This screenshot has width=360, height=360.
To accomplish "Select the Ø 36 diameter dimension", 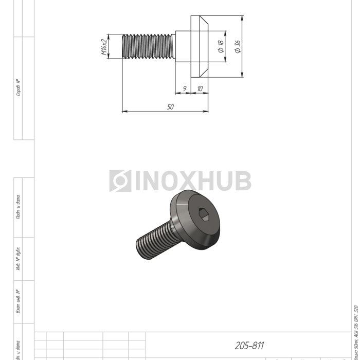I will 237,47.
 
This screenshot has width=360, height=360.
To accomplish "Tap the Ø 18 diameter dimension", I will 221,47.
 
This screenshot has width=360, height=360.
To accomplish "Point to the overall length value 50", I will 170,106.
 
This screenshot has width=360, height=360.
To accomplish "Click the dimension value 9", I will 184,88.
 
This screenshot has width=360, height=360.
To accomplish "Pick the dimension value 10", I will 200,88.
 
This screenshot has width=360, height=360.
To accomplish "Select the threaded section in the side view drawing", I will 149,46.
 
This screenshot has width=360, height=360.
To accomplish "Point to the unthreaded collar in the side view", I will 183,46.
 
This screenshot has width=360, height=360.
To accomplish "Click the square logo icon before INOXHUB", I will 120,181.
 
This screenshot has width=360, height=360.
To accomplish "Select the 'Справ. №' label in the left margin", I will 19,87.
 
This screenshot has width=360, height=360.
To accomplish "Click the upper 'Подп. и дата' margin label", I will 19,207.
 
